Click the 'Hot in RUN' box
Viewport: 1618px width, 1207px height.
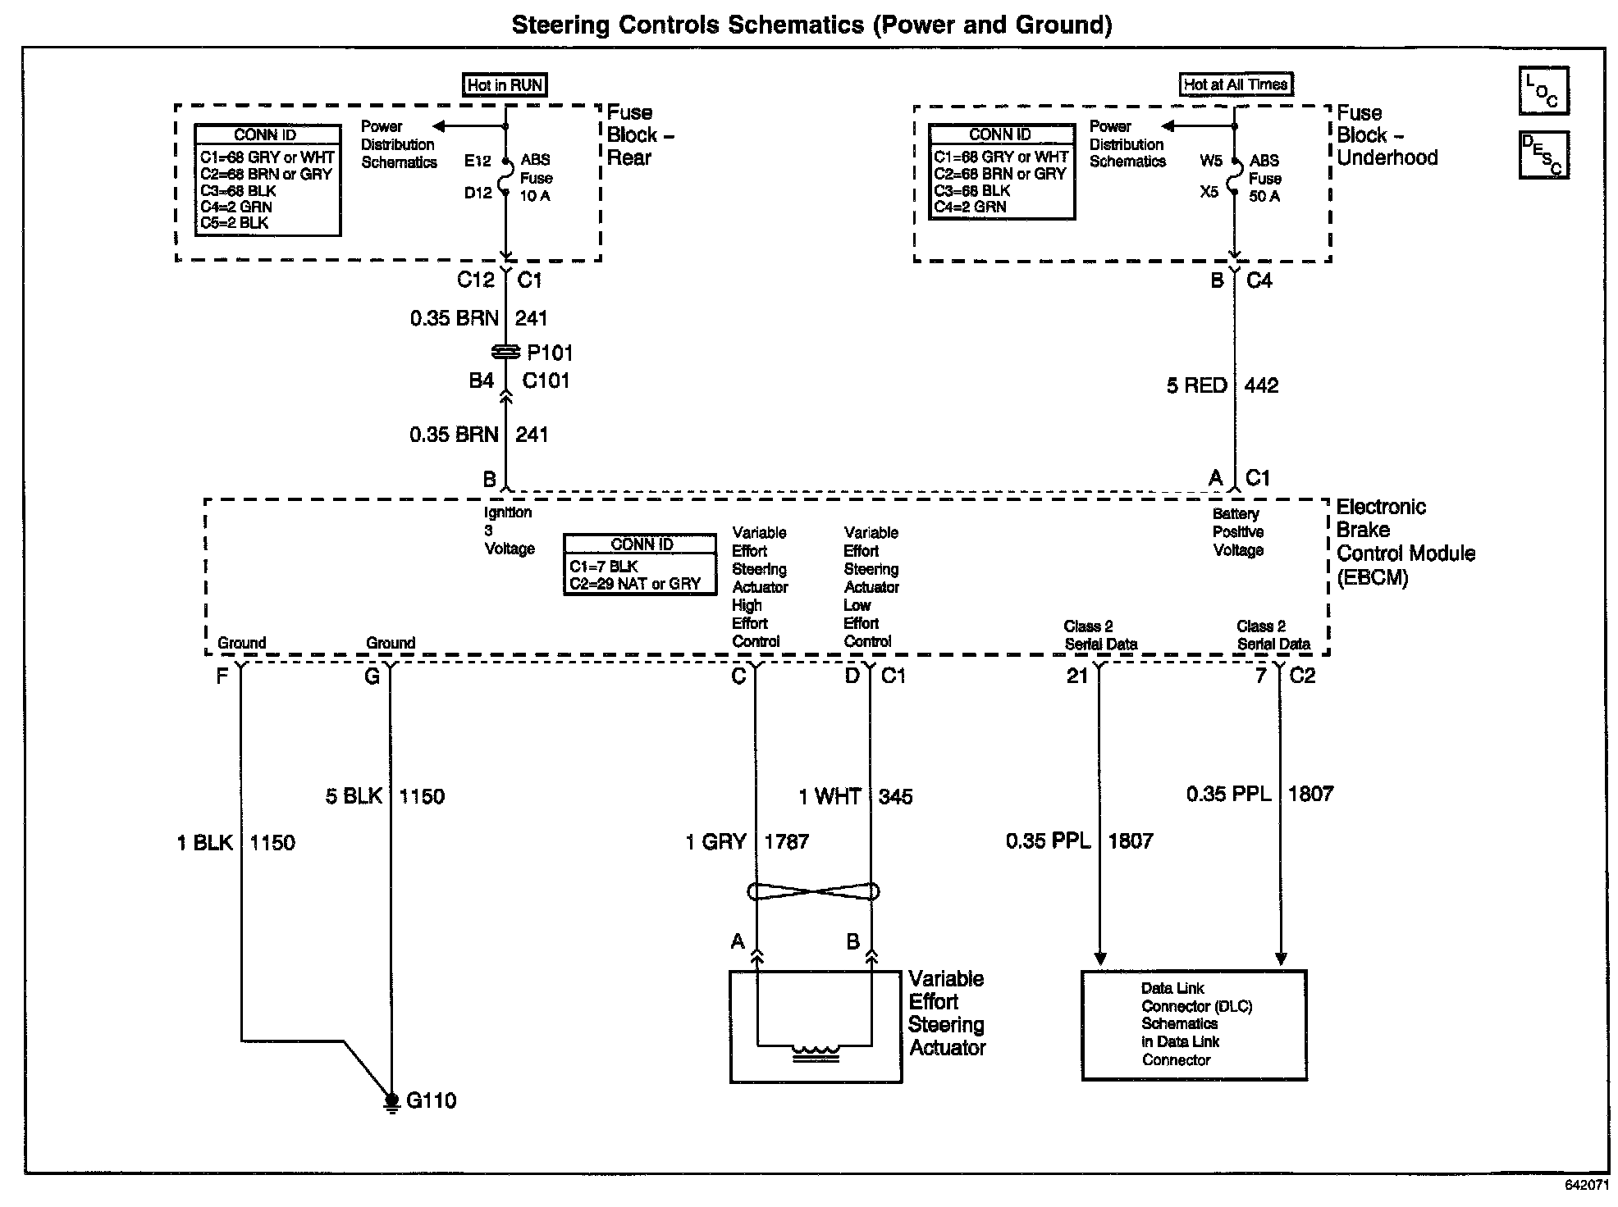click(505, 85)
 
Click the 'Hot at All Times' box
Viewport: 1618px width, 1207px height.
click(1236, 84)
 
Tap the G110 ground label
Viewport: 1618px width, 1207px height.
click(431, 1100)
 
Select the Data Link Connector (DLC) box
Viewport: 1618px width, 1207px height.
click(1194, 1025)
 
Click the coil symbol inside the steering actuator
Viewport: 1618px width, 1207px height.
click(816, 1051)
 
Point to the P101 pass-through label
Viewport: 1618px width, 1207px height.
click(550, 353)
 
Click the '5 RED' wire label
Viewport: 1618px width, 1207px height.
click(1197, 385)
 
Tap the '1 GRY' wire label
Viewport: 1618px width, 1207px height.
click(716, 841)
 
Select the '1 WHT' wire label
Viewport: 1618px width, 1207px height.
click(830, 796)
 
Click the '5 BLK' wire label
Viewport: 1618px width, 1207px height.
click(354, 796)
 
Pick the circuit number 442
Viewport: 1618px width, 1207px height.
click(1261, 385)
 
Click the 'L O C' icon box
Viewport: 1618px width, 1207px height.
click(1543, 91)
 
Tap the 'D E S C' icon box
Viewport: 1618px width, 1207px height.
click(1543, 155)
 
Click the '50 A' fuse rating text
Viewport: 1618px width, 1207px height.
click(1264, 196)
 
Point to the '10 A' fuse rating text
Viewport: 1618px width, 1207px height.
click(535, 196)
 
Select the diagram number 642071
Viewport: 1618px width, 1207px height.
click(1586, 1186)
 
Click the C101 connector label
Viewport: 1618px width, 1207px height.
click(546, 380)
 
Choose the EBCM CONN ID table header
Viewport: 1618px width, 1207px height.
click(642, 544)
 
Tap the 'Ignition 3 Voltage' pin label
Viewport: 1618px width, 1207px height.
click(509, 531)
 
